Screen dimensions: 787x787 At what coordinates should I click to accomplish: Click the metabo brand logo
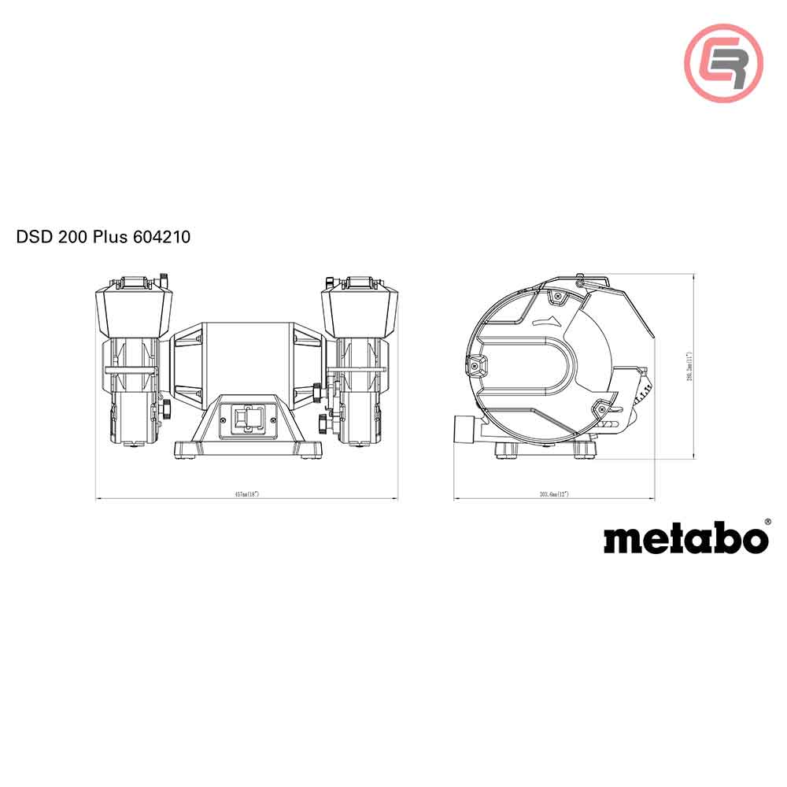click(685, 539)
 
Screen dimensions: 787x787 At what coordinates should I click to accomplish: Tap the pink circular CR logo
click(723, 62)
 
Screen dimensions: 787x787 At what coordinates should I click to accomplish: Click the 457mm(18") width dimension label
click(246, 494)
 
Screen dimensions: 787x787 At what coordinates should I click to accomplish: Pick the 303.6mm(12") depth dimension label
click(554, 494)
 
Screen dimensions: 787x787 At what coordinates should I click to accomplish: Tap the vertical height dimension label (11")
click(688, 366)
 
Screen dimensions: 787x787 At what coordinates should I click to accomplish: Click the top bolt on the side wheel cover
click(557, 296)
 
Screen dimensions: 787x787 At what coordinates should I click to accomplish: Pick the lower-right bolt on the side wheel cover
click(601, 409)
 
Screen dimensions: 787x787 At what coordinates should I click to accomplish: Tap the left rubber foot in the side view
click(505, 451)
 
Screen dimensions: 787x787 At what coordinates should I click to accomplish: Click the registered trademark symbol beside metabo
click(767, 520)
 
